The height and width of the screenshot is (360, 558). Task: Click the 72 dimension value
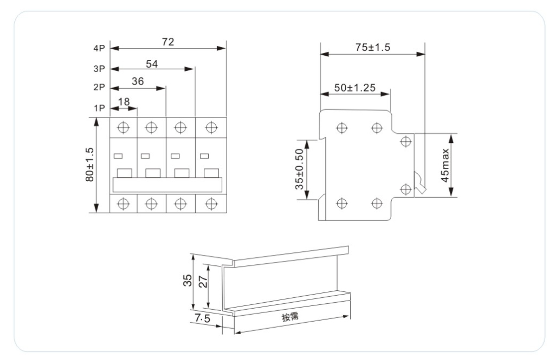(168, 42)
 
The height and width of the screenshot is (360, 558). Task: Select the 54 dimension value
(153, 63)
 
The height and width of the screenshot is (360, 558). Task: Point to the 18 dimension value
(124, 102)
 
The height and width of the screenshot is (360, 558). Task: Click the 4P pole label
(99, 49)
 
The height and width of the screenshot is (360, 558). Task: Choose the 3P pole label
(99, 69)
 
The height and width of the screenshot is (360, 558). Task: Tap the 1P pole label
(99, 108)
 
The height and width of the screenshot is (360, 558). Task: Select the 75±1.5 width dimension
(373, 48)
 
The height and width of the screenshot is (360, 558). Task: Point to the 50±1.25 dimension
(355, 88)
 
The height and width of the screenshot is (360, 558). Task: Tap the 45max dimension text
(445, 165)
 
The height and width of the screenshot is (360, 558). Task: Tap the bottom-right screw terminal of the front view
(211, 203)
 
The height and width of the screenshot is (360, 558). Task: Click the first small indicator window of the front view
(118, 156)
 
